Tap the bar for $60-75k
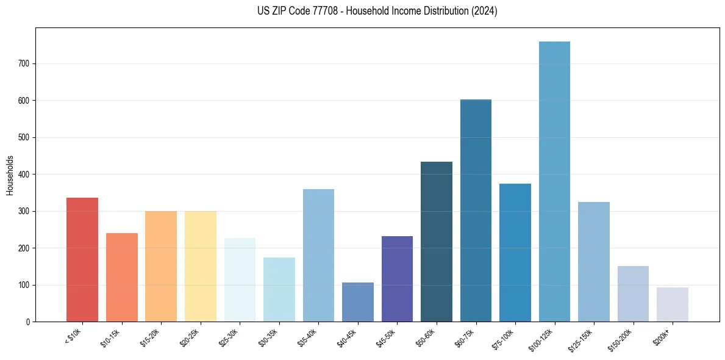click(x=476, y=211)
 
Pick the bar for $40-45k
click(x=358, y=302)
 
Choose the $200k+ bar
click(x=673, y=304)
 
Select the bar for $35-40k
click(x=318, y=256)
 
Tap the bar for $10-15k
click(x=122, y=278)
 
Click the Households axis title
click(x=10, y=175)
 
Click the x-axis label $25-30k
click(x=229, y=337)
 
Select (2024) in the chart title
click(x=484, y=11)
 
